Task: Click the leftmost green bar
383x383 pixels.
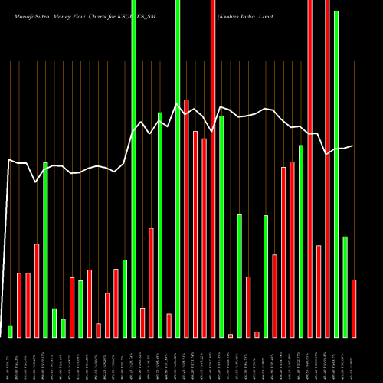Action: (x=10, y=331)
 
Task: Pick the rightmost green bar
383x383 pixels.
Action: (x=345, y=286)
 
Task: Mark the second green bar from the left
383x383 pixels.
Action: (x=45, y=250)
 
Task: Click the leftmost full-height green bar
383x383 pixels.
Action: (x=133, y=169)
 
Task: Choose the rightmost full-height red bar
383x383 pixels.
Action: (x=327, y=169)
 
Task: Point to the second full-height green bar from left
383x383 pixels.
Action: (x=178, y=169)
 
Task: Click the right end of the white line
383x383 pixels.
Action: (x=353, y=146)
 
